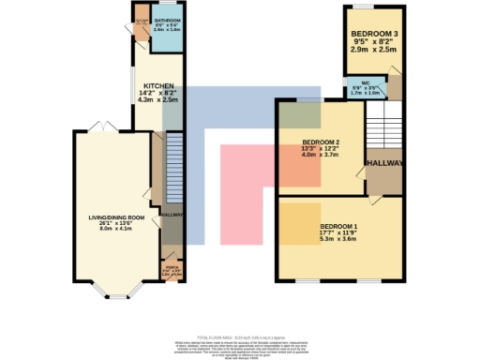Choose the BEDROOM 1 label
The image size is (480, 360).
coord(339,228)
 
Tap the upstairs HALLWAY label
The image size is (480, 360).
coord(384,163)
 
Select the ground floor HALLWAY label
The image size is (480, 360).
coord(172,216)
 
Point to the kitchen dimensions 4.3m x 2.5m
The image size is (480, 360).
coord(157,99)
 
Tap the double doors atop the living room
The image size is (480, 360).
coord(110,127)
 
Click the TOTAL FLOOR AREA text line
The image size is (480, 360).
coord(240,336)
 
